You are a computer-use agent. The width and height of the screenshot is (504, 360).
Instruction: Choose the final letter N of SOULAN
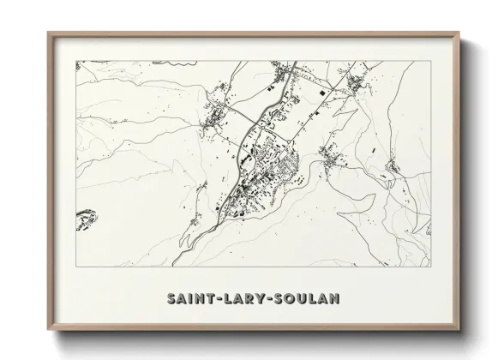click(336, 299)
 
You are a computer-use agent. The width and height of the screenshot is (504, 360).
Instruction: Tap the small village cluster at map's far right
click(392, 165)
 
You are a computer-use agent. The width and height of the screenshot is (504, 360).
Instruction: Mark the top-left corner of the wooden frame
click(49, 33)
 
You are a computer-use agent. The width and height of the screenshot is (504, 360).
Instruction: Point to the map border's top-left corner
click(76, 61)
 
